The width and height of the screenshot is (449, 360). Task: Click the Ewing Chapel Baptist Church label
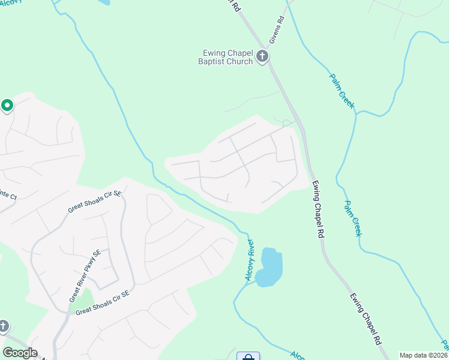226,57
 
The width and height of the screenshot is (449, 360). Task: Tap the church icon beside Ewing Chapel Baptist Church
262,57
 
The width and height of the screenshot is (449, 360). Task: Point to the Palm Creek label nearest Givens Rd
342,91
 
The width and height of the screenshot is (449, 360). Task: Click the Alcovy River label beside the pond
250,260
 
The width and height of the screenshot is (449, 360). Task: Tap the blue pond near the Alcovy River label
270,266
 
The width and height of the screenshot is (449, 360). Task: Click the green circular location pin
7,106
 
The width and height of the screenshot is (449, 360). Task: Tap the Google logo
20,353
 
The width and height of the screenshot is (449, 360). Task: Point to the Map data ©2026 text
423,355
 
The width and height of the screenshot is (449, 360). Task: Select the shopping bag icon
248,357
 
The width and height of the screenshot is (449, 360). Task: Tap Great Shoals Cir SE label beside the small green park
102,304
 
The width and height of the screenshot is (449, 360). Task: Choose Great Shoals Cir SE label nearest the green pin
95,202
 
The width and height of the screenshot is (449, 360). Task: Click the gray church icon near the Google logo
3,326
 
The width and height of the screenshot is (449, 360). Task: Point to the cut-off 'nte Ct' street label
9,194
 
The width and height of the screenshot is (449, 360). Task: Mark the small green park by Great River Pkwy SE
82,300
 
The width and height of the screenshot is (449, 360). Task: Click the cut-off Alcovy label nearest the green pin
12,2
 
